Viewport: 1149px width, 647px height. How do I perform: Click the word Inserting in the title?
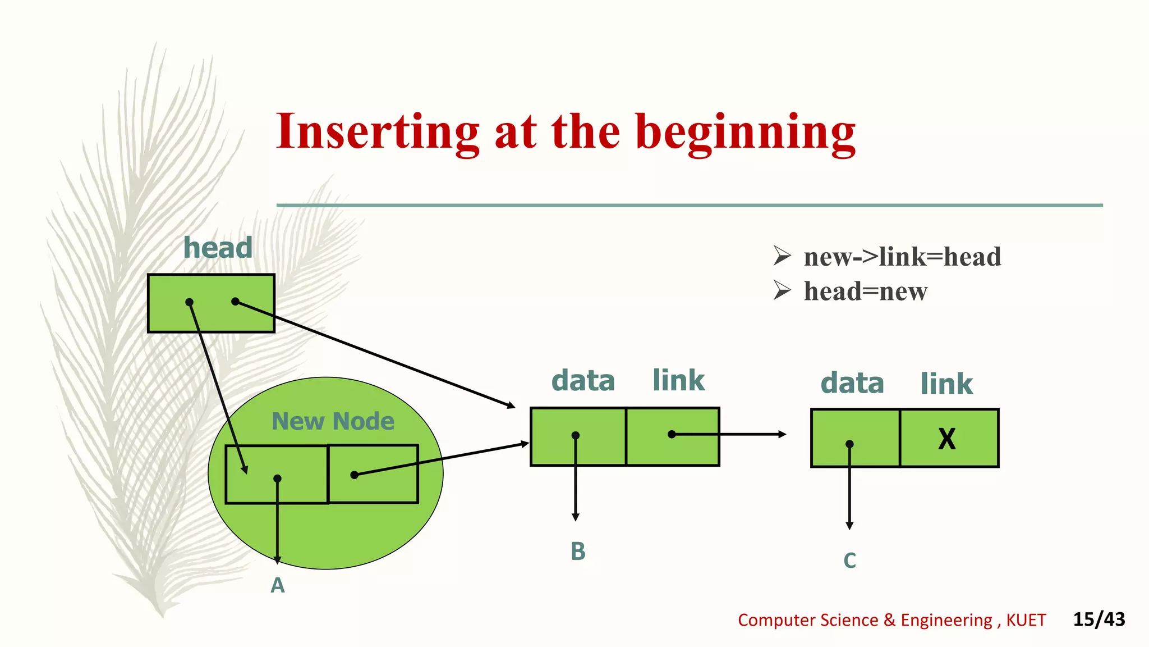378,132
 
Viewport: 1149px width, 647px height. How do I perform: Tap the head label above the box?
218,248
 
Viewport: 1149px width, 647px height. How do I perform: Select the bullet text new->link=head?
902,257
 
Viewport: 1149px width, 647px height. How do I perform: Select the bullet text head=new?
865,291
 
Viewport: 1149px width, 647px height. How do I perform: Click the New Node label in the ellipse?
333,421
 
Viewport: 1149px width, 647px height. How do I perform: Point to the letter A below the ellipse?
278,586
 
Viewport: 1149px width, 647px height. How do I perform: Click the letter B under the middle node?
578,552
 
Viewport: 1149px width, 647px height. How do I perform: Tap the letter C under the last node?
849,561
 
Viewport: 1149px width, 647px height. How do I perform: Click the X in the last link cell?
947,439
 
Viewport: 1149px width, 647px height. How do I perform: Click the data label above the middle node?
583,381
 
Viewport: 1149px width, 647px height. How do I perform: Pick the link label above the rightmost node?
946,384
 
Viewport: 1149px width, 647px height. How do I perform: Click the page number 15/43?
1099,619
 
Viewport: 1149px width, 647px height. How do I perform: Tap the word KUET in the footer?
1026,620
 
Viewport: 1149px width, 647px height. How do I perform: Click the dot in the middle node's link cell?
672,434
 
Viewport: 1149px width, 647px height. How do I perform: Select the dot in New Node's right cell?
354,475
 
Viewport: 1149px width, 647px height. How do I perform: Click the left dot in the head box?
190,302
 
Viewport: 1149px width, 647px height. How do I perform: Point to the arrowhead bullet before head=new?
782,290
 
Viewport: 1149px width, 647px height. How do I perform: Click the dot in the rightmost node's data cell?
849,444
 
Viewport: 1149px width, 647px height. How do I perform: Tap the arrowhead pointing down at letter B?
576,517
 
